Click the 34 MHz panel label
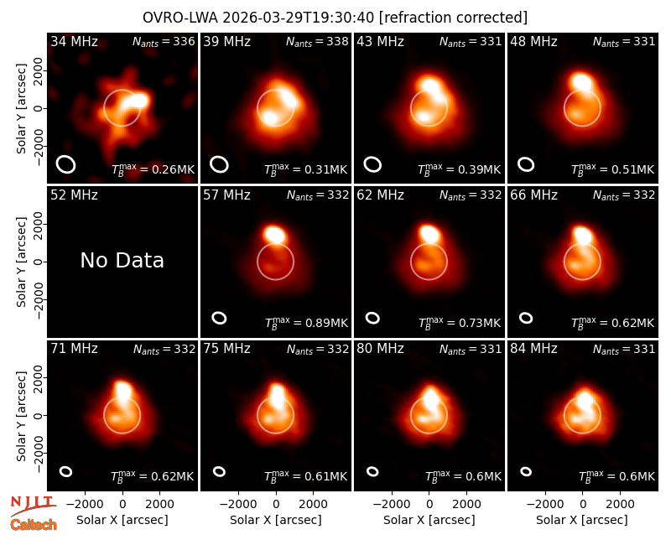coord(74,42)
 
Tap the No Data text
coord(122,260)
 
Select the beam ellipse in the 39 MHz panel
coord(219,164)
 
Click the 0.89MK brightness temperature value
coord(326,323)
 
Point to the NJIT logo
coord(34,506)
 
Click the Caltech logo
coord(34,525)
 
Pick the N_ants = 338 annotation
coord(317,42)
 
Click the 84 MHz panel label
coord(533,349)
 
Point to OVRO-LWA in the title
coord(180,18)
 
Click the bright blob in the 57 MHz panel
coord(275,235)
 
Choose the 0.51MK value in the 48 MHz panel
coord(632,170)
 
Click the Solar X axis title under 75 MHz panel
coord(276,520)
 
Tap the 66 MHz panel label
coord(533,195)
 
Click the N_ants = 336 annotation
coord(164,42)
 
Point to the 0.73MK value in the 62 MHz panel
coord(479,323)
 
